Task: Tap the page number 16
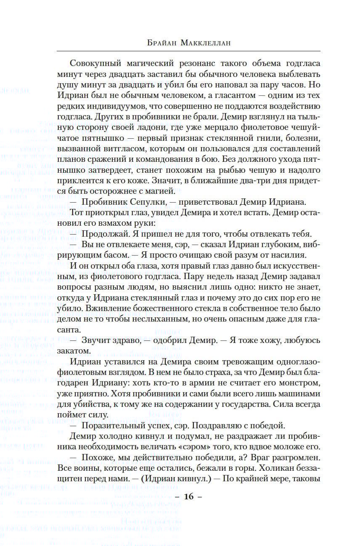point(188,496)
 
